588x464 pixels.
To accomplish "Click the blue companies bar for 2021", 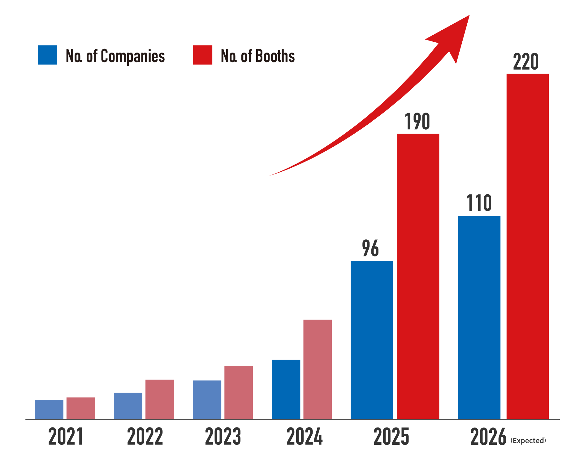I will click(49, 409).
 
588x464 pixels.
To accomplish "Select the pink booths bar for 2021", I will click(80, 408).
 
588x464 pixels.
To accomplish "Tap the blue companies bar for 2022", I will click(128, 406).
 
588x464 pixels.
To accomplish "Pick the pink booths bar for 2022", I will click(160, 399).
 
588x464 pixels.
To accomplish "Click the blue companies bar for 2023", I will click(207, 400).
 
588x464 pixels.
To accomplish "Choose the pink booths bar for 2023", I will click(239, 392).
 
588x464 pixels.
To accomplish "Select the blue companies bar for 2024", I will click(286, 389).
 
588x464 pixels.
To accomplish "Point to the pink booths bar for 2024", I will click(318, 369).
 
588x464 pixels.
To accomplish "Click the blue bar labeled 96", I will click(372, 340).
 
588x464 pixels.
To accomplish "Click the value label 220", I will click(525, 62).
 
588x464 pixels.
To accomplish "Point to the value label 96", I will click(370, 248).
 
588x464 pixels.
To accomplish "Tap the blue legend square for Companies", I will click(47, 55).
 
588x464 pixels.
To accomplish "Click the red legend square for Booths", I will click(203, 55).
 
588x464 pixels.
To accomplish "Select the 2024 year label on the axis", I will click(305, 436).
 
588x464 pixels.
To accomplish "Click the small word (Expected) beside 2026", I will click(528, 440).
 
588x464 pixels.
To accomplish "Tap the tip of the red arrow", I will click(469, 16).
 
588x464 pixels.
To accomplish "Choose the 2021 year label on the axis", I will click(66, 436).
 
